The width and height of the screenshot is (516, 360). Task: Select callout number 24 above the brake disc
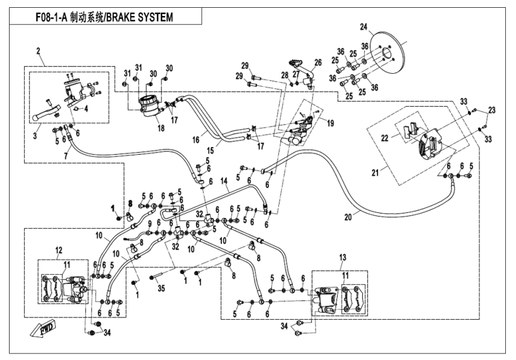(362, 26)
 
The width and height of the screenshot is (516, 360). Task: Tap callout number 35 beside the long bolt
(160, 288)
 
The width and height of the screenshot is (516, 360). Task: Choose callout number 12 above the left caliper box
(59, 250)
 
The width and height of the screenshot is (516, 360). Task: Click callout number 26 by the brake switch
(318, 62)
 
